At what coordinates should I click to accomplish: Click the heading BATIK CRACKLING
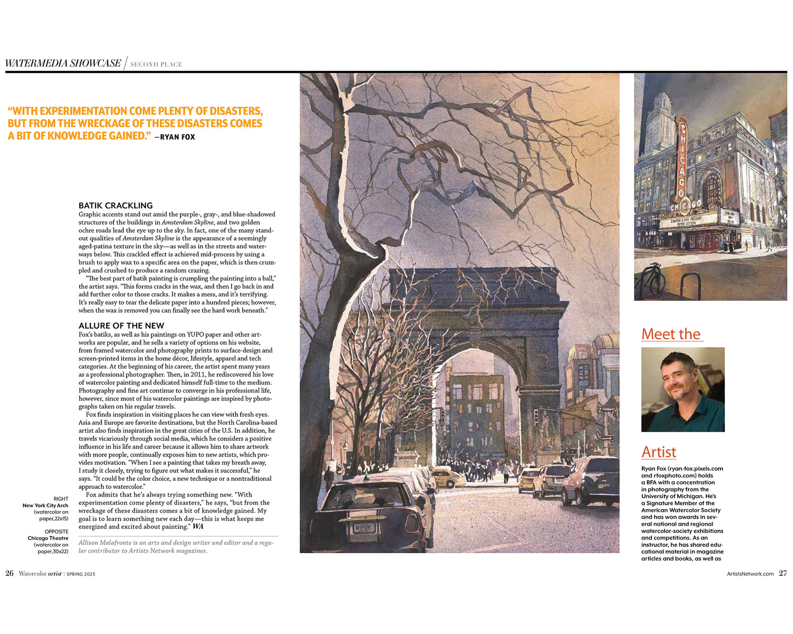115,206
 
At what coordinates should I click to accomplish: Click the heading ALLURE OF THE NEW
121,325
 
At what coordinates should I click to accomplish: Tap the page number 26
10,573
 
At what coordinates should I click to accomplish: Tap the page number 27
783,573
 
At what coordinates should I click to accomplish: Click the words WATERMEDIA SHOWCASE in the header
63,63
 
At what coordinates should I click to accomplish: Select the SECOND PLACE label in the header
156,64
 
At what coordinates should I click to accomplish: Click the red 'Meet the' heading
671,334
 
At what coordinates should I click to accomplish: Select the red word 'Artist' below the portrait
659,452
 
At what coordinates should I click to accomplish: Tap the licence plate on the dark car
363,527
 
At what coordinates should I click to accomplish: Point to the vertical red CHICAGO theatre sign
681,158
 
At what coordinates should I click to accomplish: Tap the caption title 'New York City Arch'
45,506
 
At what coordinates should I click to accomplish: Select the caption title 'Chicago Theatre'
48,538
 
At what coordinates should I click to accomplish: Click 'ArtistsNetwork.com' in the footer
750,574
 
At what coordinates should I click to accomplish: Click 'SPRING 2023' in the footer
81,574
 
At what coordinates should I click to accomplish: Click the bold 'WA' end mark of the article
198,527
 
